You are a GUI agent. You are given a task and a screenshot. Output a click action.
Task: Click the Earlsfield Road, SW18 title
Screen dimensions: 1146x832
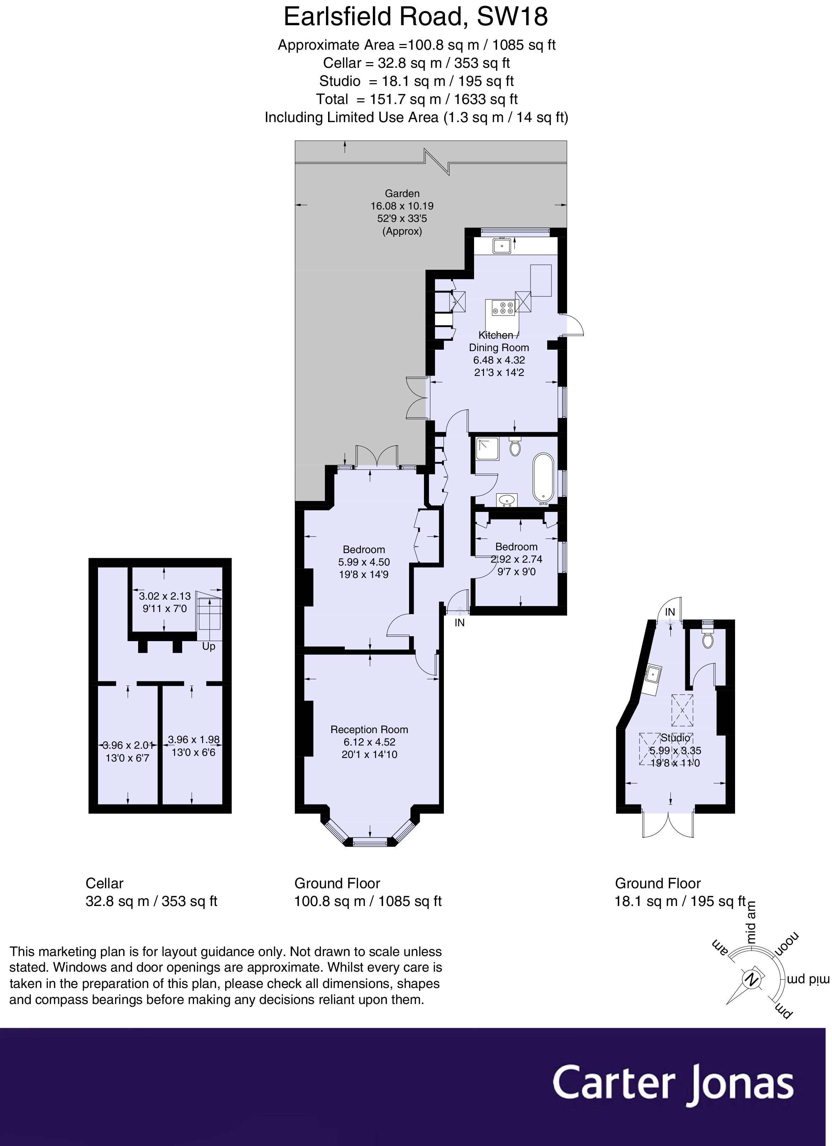[x=415, y=17]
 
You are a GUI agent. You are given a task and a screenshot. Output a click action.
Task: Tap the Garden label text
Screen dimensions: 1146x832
[x=402, y=193]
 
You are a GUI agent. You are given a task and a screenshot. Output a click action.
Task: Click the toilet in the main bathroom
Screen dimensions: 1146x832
[x=515, y=447]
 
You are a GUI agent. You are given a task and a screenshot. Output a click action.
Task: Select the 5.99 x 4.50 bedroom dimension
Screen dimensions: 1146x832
[x=364, y=562]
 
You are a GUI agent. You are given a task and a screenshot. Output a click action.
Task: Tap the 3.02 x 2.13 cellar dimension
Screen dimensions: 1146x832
[x=165, y=596]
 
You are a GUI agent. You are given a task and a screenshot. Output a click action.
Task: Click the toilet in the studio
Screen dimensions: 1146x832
[x=708, y=640]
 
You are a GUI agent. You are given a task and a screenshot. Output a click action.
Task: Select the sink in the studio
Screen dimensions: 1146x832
[x=654, y=674]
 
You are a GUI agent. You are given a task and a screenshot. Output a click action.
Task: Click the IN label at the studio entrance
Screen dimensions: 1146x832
[x=670, y=612]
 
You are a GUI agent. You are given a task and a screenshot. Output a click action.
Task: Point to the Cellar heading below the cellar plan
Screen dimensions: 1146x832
[x=105, y=883]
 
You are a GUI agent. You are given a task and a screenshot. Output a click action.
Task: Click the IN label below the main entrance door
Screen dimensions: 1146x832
[x=459, y=623]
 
